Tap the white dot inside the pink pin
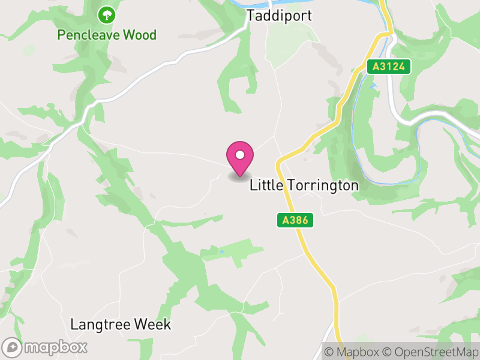point(240,155)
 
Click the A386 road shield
point(295,221)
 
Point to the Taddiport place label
point(280,16)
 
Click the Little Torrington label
point(304,185)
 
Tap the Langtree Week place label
point(121,325)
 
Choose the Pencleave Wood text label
point(107,35)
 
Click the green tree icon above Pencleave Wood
point(107,14)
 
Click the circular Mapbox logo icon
point(13,347)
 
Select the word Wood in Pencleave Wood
point(139,35)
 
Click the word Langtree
point(100,325)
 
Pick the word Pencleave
point(88,35)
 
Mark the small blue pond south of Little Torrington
point(221,251)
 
